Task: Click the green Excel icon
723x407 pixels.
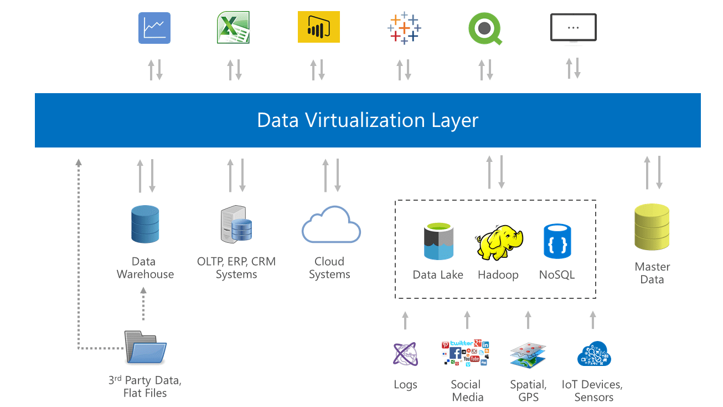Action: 233,28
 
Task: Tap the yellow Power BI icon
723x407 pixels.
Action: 318,27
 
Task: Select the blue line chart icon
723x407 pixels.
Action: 154,28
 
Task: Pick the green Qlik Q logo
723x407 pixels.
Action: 485,28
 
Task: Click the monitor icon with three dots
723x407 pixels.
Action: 573,28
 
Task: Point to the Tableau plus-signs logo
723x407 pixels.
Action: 404,28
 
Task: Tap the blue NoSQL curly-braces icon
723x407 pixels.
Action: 556,241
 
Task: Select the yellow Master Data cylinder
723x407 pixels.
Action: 652,227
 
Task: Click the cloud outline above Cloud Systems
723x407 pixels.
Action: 330,225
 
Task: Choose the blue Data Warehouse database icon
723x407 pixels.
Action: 145,224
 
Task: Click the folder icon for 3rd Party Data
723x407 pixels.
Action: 146,347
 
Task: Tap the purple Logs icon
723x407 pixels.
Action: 405,354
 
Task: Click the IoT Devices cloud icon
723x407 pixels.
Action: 593,354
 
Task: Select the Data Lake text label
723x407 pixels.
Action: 438,275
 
